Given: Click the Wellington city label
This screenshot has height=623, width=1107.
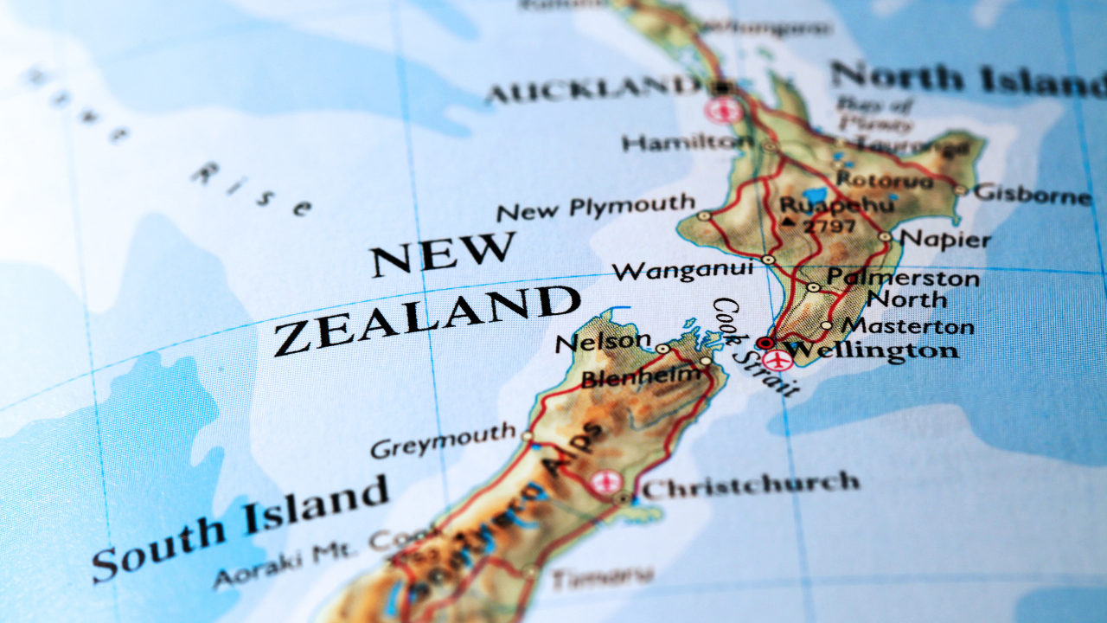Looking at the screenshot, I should pos(873,350).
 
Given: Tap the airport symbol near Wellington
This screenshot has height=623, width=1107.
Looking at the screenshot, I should pos(778,360).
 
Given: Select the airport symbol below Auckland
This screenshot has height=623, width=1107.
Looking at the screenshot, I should pos(723,110).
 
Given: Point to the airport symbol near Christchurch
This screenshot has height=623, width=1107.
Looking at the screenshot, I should pos(606,482).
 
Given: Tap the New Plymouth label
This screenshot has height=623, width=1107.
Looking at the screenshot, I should pos(596,208).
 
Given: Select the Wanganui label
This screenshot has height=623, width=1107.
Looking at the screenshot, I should pos(682,271).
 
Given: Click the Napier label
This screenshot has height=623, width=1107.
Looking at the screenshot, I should pos(945,238).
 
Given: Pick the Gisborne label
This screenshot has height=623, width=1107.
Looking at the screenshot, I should pos(1033,194).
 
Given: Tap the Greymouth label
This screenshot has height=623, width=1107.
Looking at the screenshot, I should pos(443,442).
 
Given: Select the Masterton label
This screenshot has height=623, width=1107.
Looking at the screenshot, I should pos(908,326).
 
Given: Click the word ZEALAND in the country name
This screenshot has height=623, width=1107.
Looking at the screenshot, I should pos(426,321).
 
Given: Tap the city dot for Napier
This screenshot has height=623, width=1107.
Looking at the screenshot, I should pos(885,235).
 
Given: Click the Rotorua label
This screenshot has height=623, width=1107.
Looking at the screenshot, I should pos(885,180).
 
